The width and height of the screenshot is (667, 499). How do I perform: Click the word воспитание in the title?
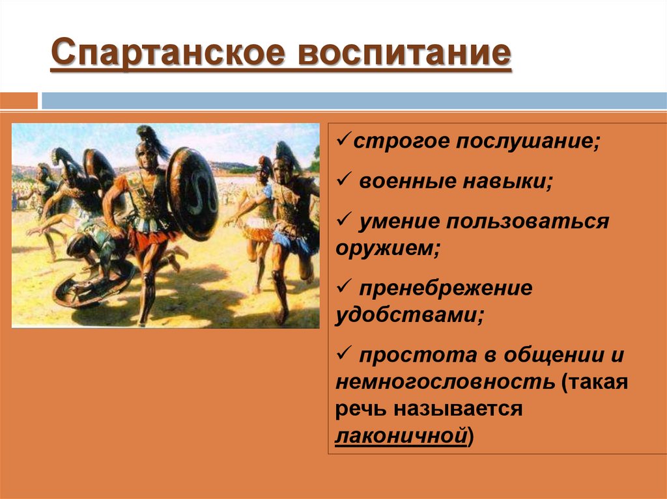pos(404,54)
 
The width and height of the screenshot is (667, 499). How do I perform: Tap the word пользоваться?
pos(528,222)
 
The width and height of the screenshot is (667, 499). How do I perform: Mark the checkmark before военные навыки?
pos(343,182)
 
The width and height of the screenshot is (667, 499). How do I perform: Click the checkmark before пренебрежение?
pos(343,288)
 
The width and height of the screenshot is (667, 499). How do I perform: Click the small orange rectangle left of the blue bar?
pos(20,101)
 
